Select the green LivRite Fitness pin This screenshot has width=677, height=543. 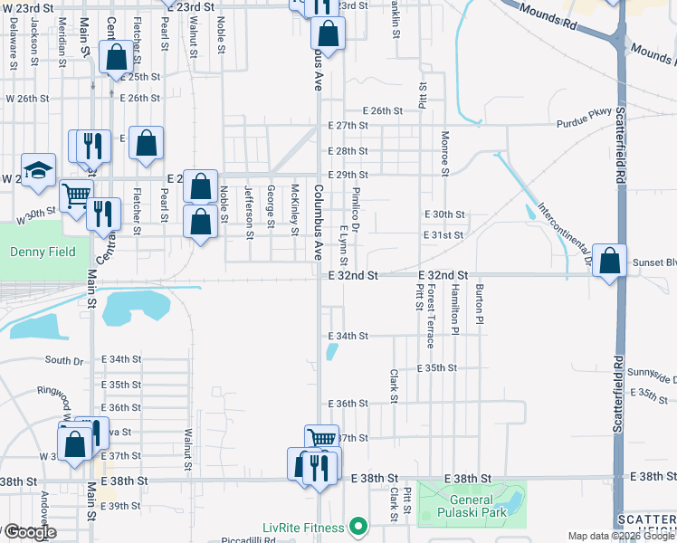[x=358, y=526]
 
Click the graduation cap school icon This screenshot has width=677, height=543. [x=38, y=170]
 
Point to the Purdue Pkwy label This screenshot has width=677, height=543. [x=585, y=124]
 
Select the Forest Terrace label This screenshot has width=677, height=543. [x=432, y=315]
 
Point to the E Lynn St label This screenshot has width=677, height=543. [x=343, y=247]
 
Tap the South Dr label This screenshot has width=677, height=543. [x=63, y=360]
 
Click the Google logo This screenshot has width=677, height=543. [x=29, y=531]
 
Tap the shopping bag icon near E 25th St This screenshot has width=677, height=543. [x=117, y=57]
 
